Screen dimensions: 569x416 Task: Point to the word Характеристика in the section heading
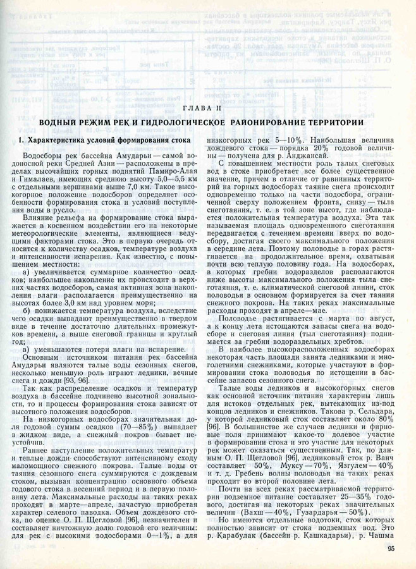(x=66, y=140)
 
